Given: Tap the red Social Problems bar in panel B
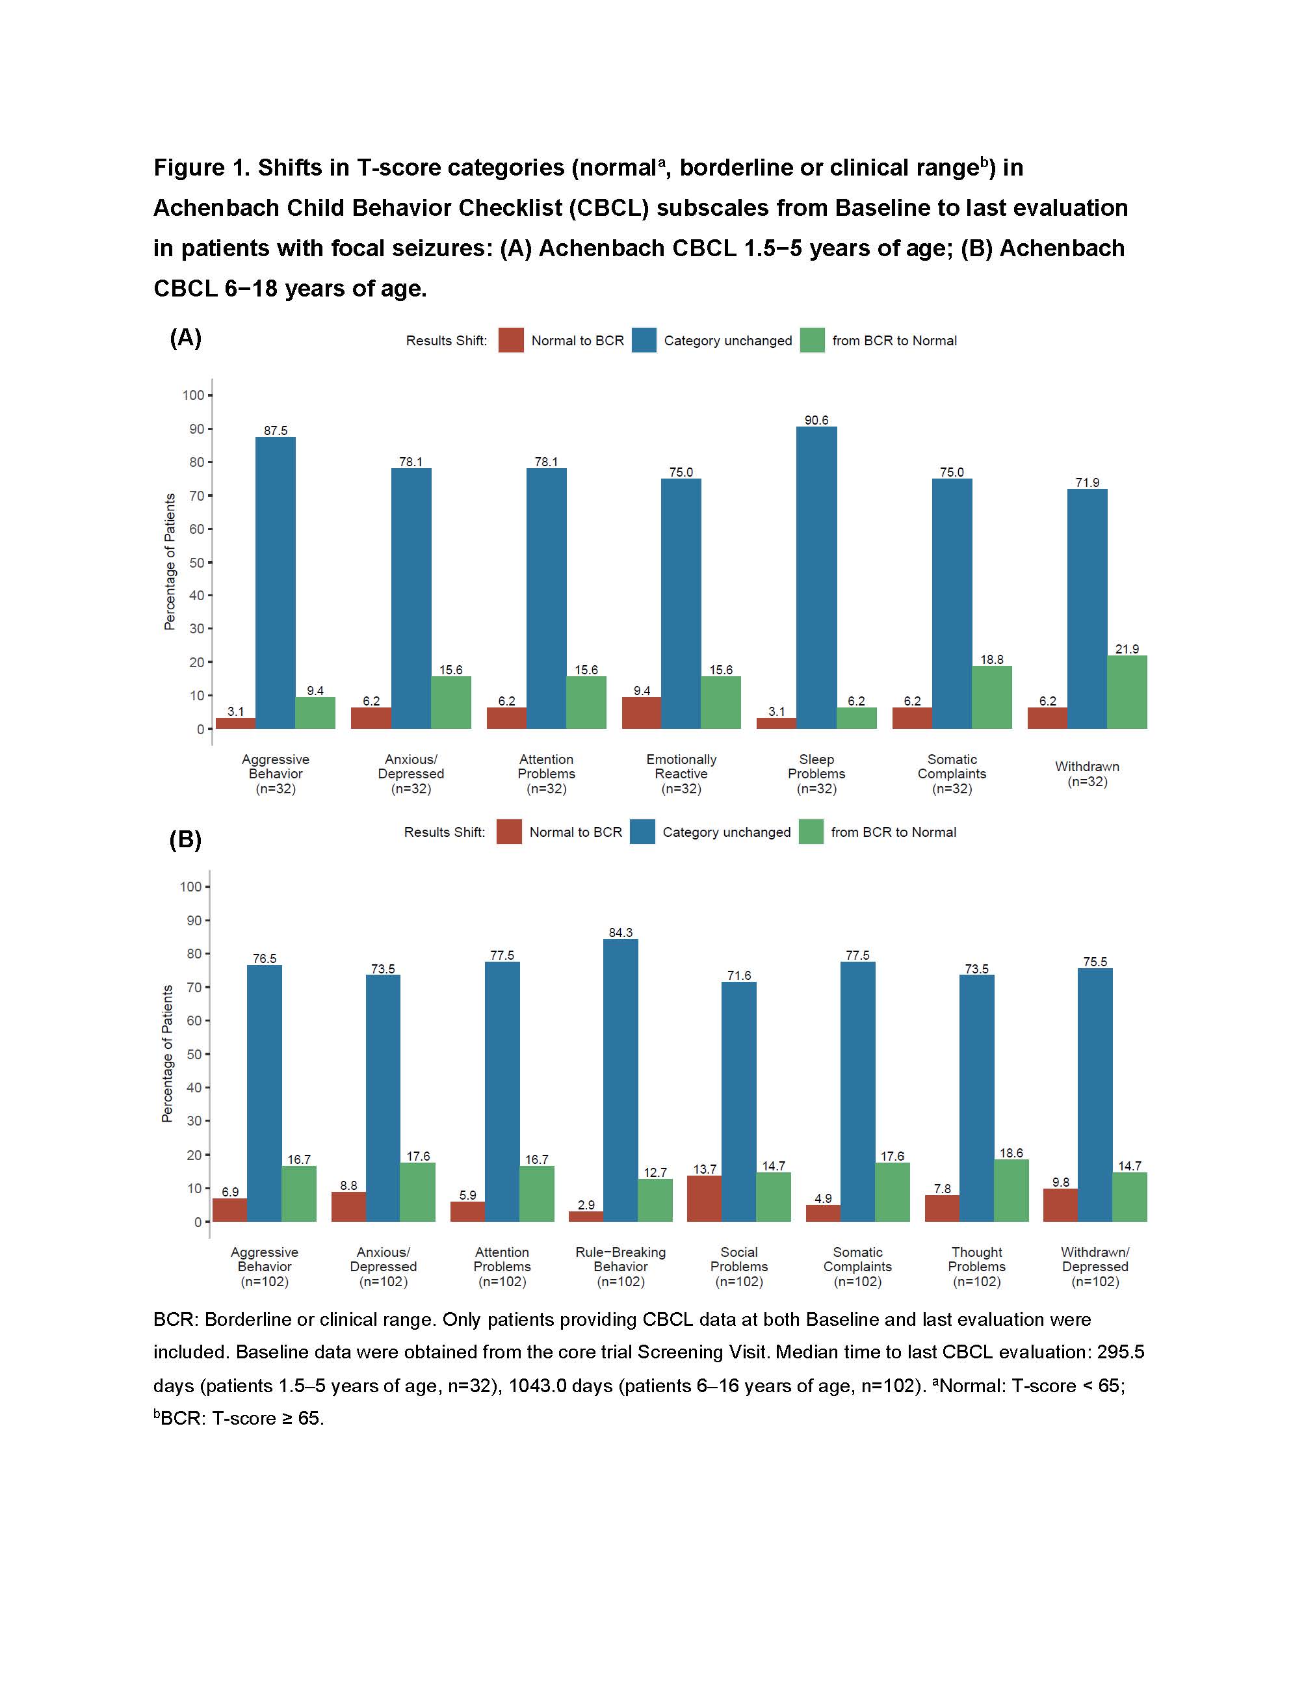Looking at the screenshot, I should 704,1199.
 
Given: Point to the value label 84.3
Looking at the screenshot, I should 620,933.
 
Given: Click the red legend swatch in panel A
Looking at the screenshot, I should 511,341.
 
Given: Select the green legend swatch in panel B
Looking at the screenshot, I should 811,832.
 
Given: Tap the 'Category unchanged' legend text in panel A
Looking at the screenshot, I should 727,341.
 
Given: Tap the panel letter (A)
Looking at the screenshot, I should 185,337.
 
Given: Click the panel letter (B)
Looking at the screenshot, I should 185,839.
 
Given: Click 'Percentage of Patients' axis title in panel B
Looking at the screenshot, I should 167,1053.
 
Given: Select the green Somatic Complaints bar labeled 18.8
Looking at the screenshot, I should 991,697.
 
